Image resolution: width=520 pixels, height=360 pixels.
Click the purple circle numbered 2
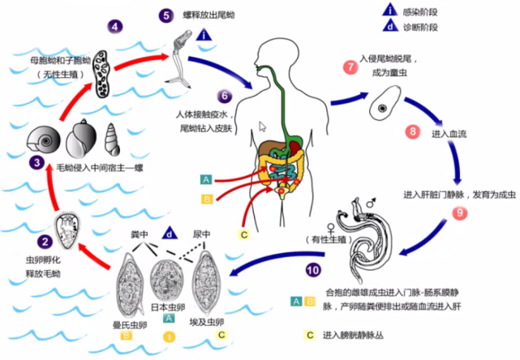pyautogui.click(x=45, y=242)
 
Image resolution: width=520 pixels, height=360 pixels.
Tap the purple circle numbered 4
pyautogui.click(x=116, y=26)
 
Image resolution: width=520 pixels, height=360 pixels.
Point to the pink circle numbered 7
pyautogui.click(x=350, y=67)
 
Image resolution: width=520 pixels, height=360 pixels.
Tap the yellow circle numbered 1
pyautogui.click(x=169, y=335)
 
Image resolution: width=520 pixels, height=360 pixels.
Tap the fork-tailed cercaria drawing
pyautogui.click(x=182, y=61)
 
